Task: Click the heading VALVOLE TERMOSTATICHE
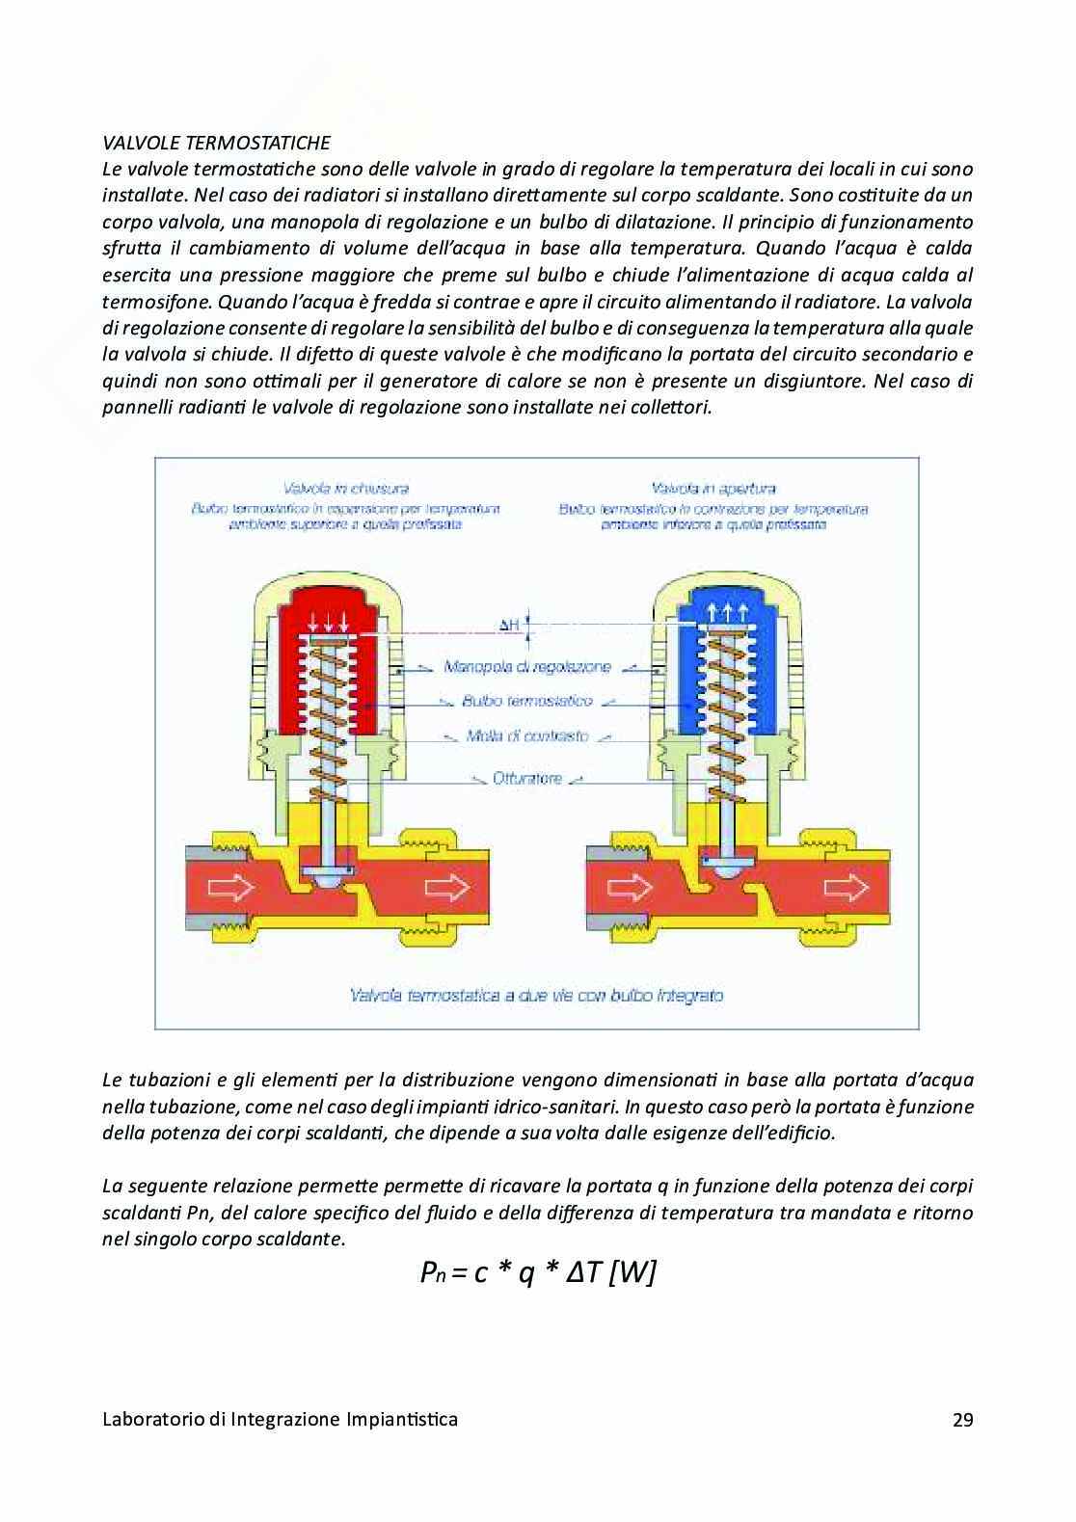coord(216,144)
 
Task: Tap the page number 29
coord(962,1419)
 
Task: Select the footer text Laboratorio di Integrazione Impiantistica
coord(280,1419)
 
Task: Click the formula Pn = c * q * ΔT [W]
coord(538,1273)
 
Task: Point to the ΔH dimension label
coord(509,626)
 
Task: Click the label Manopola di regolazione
coord(526,667)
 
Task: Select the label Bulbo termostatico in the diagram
coord(526,701)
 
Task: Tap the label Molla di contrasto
coord(526,735)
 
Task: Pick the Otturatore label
coord(526,778)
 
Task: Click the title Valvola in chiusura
coord(346,489)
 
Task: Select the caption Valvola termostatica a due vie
coord(537,995)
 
